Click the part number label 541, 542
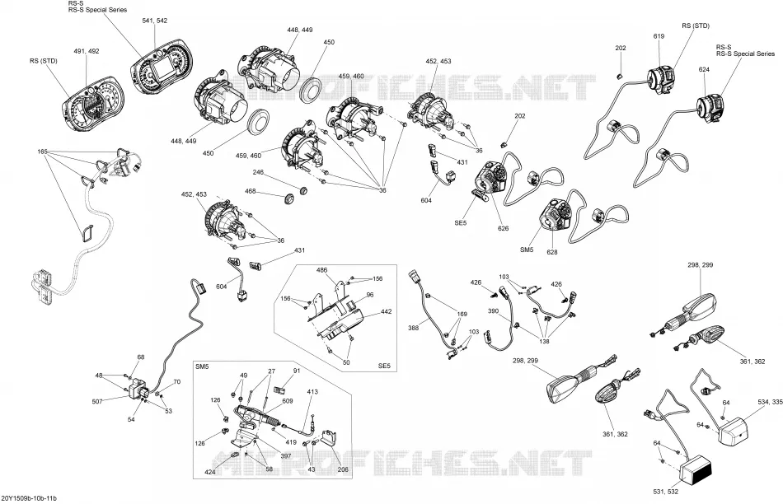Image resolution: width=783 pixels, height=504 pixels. click(155, 21)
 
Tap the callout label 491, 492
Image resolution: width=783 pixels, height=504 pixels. click(87, 51)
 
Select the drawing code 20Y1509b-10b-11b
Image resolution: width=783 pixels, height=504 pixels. click(29, 498)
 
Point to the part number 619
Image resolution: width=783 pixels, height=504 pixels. click(659, 36)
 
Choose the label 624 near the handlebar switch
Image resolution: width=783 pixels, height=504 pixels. click(704, 69)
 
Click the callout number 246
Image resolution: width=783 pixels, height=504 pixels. click(258, 172)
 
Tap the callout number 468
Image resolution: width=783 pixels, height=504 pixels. click(251, 191)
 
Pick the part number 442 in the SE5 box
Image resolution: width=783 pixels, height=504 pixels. click(386, 311)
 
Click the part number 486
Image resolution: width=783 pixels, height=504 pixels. click(321, 270)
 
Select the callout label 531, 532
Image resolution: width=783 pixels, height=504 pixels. click(666, 492)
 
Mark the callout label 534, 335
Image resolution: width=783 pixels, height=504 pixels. click(770, 401)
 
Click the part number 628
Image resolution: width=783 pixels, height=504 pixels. click(551, 252)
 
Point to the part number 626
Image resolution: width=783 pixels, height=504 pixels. click(503, 228)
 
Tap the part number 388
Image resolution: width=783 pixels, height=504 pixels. click(414, 328)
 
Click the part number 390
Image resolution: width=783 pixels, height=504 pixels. click(493, 311)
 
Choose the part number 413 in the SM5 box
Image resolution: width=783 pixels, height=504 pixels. click(312, 392)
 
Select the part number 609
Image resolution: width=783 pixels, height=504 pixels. click(288, 401)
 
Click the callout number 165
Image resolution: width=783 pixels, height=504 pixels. click(42, 151)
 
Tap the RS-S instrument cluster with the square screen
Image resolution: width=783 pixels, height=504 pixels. click(161, 65)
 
